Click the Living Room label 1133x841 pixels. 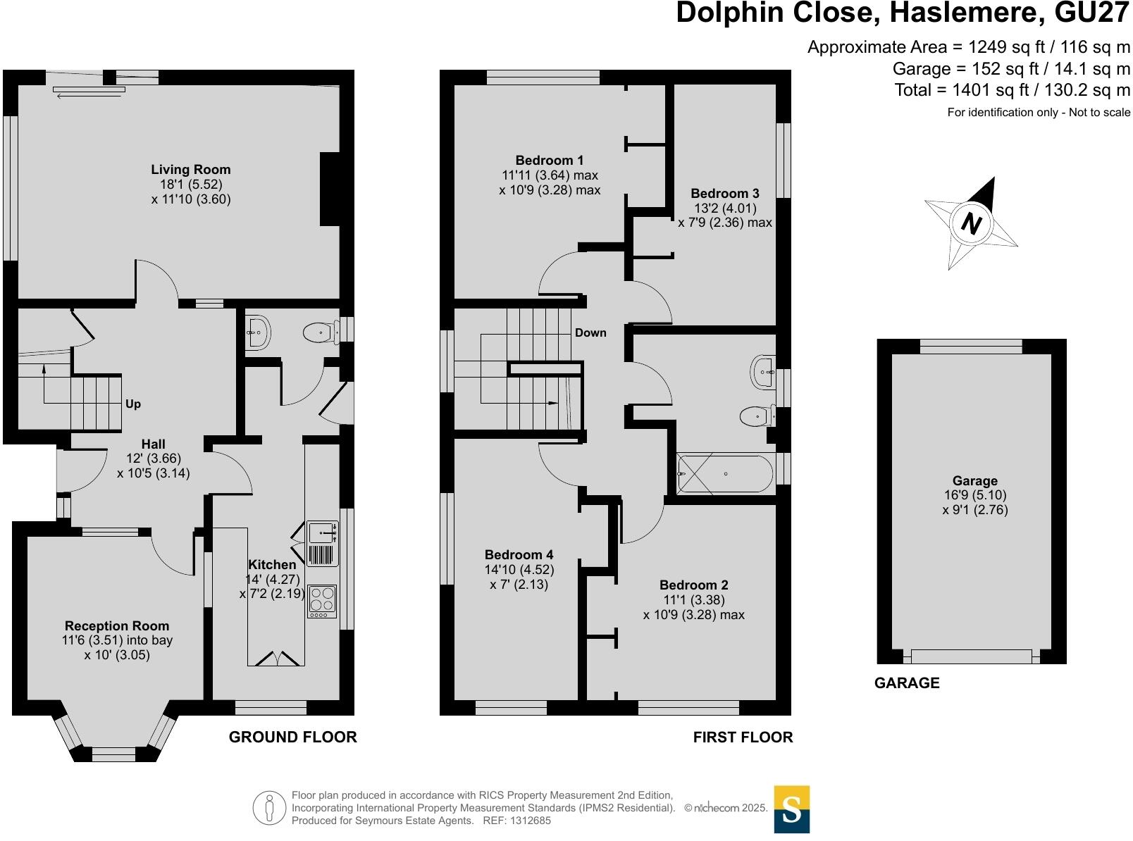tap(190, 169)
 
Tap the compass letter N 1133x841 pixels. tap(972, 224)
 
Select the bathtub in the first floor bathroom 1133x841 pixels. tap(725, 473)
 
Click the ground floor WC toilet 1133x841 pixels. tap(318, 332)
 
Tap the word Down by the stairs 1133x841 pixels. tap(590, 332)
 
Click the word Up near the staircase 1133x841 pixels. tap(133, 404)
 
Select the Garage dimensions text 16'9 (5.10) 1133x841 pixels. tap(974, 495)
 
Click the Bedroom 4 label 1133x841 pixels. tap(519, 555)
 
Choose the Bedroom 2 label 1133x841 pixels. tap(693, 585)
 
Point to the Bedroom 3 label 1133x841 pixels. tap(724, 193)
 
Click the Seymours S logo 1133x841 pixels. tap(791, 810)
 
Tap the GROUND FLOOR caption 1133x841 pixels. tap(292, 737)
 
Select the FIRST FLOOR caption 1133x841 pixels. tap(743, 737)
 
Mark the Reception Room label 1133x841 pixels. tap(117, 625)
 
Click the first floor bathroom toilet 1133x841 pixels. tap(755, 416)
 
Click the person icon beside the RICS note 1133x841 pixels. tap(269, 807)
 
